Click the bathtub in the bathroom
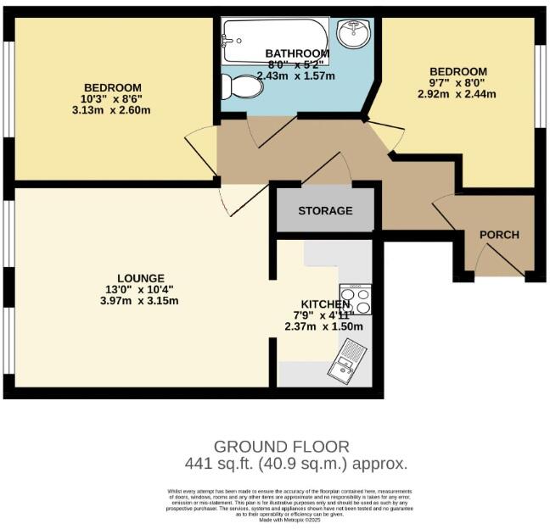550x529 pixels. [273, 39]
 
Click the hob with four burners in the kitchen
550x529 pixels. [355, 299]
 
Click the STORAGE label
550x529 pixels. [325, 210]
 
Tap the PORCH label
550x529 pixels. [499, 235]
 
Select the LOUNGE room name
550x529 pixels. [141, 278]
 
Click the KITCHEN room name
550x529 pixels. [325, 304]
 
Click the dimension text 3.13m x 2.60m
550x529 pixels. [112, 110]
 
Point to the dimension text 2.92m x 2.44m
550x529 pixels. [457, 93]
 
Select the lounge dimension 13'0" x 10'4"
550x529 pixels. [141, 289]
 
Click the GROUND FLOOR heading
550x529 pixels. [281, 446]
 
